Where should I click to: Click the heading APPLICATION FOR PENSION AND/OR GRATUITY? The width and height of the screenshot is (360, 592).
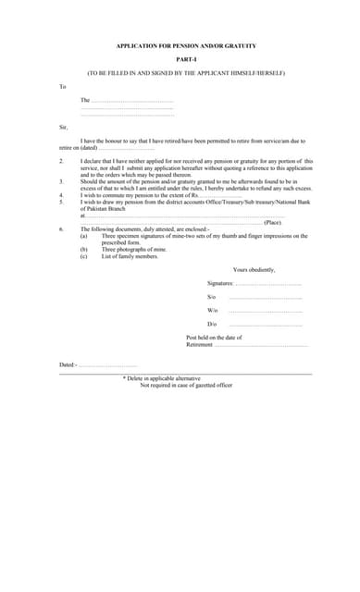click(x=186, y=45)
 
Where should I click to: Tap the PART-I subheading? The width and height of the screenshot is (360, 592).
click(x=186, y=58)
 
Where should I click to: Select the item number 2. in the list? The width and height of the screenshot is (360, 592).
click(x=61, y=160)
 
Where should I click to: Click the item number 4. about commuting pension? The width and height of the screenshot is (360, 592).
click(x=61, y=195)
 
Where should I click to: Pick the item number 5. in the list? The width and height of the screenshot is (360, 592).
click(x=61, y=202)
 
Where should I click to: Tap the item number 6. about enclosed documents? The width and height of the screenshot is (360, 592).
click(x=61, y=228)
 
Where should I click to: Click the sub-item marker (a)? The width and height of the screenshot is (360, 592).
click(x=84, y=236)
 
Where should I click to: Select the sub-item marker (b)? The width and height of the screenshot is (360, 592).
click(x=84, y=249)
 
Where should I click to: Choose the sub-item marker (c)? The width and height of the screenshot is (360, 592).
click(x=84, y=255)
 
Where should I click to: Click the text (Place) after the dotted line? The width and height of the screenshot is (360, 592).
click(x=273, y=222)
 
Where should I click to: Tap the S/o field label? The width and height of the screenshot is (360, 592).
click(x=212, y=296)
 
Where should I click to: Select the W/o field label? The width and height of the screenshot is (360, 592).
click(x=213, y=310)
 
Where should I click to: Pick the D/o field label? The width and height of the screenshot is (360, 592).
click(x=212, y=325)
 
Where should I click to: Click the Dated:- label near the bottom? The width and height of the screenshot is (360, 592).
click(x=68, y=364)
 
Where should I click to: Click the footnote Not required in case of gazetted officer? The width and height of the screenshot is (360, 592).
click(x=186, y=384)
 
